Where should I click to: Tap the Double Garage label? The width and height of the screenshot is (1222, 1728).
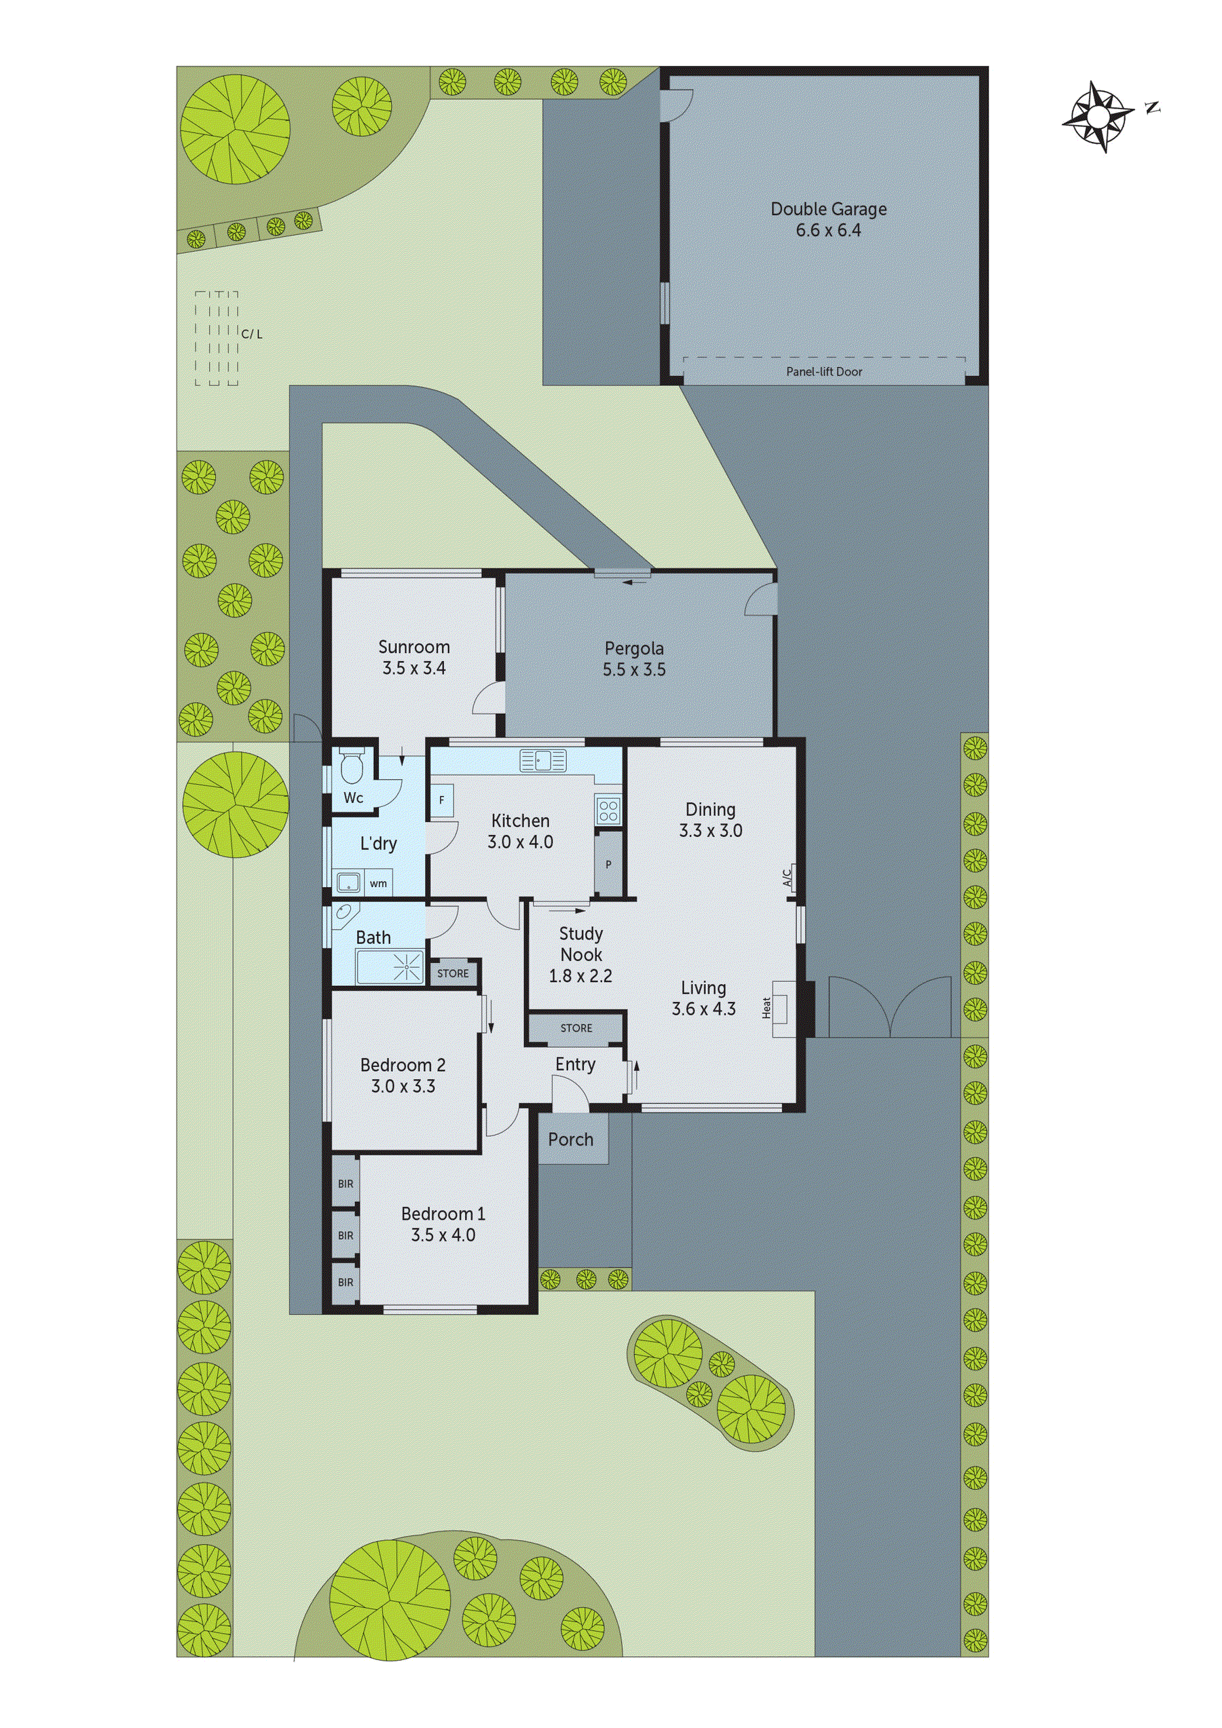[828, 209]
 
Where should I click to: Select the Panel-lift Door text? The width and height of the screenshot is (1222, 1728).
[824, 372]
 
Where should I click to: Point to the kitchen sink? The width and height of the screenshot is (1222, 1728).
[542, 761]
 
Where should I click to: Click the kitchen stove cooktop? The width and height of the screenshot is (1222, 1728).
[608, 810]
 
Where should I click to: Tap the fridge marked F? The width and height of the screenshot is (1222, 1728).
[442, 800]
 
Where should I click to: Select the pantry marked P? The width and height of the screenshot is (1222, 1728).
[608, 864]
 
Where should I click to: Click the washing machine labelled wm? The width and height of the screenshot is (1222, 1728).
[378, 884]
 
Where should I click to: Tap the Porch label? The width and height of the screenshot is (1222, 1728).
[571, 1140]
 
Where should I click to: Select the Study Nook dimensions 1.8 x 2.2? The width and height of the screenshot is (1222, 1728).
[580, 976]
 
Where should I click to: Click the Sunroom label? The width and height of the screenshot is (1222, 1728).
[414, 647]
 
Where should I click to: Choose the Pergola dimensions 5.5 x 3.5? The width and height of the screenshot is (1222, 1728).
[634, 670]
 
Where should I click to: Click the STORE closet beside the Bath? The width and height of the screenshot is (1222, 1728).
[453, 973]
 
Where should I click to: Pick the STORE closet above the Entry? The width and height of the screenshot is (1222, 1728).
[576, 1028]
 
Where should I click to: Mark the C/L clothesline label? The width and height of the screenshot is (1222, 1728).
[253, 334]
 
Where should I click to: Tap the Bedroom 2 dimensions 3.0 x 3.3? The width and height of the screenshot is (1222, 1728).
[403, 1086]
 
